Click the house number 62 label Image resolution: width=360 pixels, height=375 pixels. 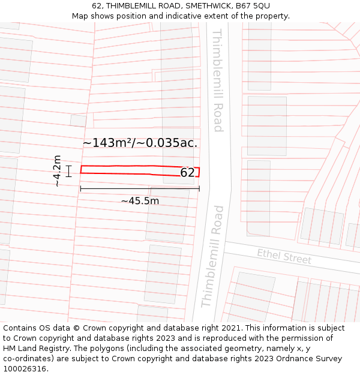point(187,173)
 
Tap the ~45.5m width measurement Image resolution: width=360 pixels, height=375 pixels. point(140,201)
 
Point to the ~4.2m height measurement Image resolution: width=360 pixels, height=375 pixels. point(57,171)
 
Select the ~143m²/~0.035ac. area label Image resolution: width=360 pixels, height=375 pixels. point(140,143)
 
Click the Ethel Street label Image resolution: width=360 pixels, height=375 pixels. point(284,256)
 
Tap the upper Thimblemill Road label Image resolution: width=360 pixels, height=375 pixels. point(218,80)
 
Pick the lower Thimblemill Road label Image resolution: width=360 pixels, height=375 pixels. point(212,256)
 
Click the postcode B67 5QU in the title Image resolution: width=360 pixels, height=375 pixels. point(253,6)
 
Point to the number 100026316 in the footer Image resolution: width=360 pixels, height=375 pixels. point(26,369)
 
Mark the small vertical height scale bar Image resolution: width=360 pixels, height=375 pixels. point(69,171)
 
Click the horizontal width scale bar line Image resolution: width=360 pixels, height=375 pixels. point(140,188)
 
